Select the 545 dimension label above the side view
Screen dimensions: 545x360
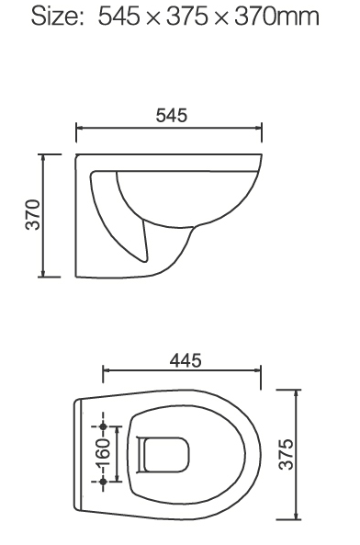(172, 119)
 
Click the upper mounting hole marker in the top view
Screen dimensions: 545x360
(103, 426)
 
